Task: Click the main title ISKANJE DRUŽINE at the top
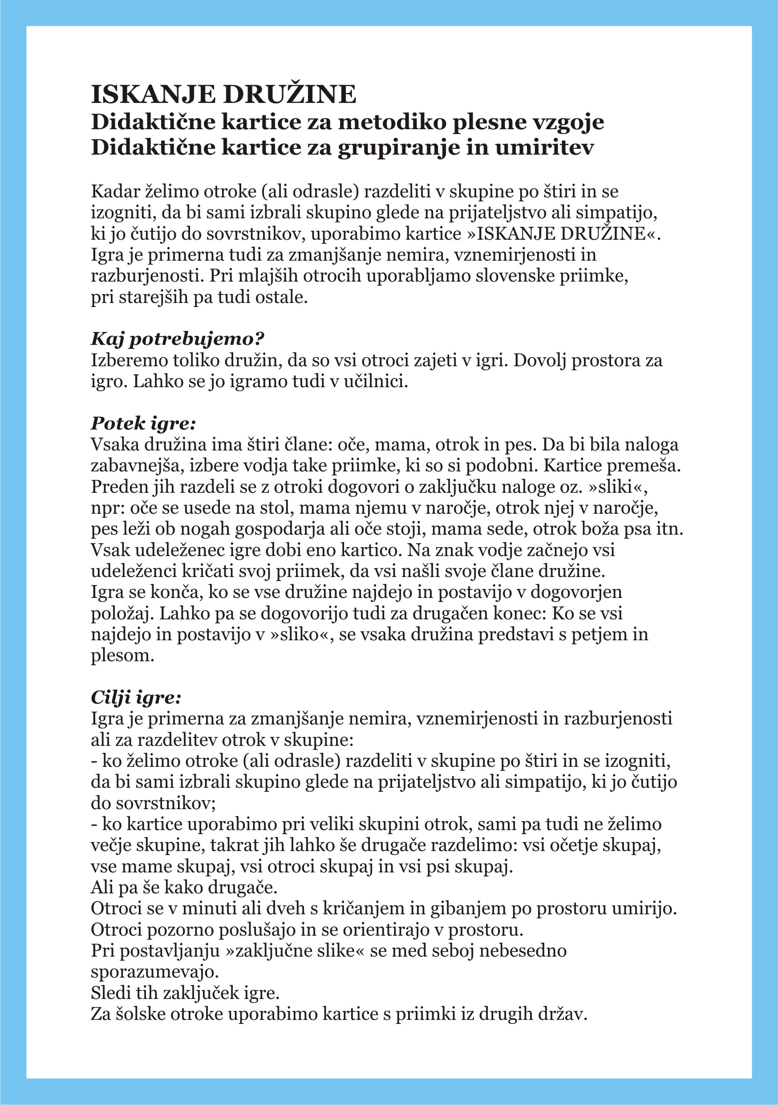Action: click(x=223, y=94)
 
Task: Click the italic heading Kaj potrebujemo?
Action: click(x=178, y=339)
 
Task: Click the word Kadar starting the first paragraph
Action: click(x=114, y=192)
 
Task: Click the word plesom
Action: click(x=122, y=655)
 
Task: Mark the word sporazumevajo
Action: click(x=155, y=972)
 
